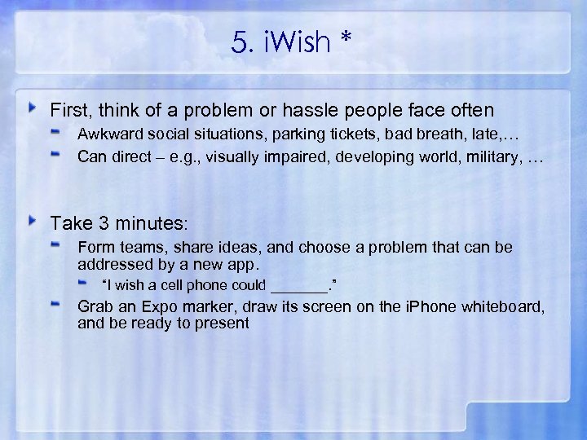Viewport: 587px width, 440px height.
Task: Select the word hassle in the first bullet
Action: pyautogui.click(x=307, y=109)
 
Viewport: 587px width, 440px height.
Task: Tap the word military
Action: pyautogui.click(x=494, y=156)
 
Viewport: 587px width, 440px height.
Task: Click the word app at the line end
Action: pyautogui.click(x=245, y=264)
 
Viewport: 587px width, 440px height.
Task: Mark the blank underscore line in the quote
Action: pyautogui.click(x=298, y=285)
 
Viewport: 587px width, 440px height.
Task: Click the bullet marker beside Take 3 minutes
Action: pyautogui.click(x=33, y=221)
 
